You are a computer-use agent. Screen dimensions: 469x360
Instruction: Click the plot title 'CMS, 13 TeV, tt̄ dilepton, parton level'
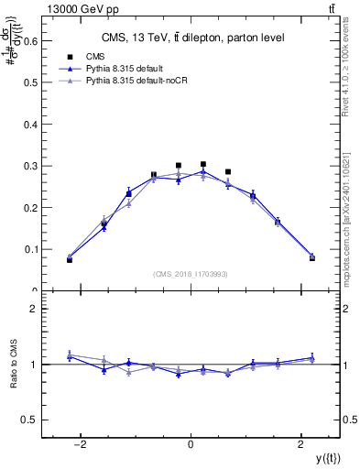(x=191, y=38)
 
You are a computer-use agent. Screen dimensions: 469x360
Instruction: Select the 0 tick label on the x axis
(x=191, y=445)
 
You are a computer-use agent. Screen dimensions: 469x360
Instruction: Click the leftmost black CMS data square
(x=70, y=259)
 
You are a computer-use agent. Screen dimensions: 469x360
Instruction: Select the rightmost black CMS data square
(x=311, y=257)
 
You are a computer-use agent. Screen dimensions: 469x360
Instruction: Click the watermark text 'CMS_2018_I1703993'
(x=191, y=273)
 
